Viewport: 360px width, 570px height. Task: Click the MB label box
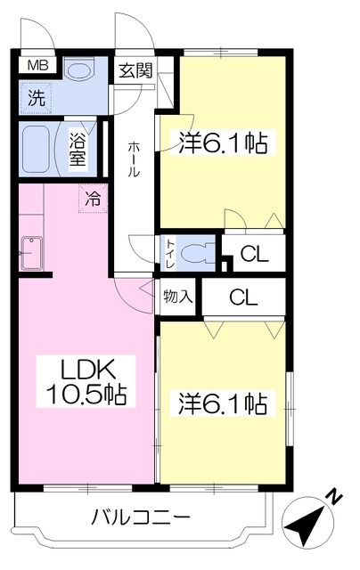37,66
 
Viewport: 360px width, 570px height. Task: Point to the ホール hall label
134,159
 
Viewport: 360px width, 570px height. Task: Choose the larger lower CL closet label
243,297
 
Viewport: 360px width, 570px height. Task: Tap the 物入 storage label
177,297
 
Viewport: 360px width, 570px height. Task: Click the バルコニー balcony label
141,517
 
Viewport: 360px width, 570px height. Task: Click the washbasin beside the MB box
81,71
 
